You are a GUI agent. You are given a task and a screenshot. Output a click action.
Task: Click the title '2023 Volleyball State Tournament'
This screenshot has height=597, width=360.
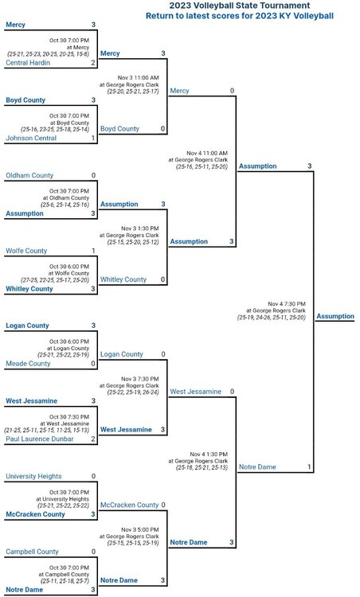(240, 6)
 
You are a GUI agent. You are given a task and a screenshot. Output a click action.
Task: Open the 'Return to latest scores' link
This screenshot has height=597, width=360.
(240, 16)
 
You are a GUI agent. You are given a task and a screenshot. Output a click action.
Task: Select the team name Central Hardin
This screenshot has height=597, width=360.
(28, 62)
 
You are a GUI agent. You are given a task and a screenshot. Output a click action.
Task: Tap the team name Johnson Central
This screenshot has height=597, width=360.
(31, 138)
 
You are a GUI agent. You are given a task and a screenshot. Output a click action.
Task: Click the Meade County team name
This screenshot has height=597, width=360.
(28, 363)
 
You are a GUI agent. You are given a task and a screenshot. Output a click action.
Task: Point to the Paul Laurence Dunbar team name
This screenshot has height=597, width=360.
(40, 439)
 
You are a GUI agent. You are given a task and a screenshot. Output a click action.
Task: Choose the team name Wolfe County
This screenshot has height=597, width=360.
(26, 251)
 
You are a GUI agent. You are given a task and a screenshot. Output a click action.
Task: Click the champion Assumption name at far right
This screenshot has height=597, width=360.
(335, 316)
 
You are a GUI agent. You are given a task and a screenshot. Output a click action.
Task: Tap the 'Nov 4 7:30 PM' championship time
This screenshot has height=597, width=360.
(287, 304)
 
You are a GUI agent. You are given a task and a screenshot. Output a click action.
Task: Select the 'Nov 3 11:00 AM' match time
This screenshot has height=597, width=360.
(139, 78)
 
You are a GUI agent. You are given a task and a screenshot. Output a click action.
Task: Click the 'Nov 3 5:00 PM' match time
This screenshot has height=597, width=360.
(140, 529)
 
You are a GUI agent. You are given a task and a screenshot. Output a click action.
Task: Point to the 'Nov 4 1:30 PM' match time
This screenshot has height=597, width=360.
(209, 455)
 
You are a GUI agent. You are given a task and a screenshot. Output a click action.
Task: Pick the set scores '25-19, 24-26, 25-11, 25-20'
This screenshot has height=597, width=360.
(272, 317)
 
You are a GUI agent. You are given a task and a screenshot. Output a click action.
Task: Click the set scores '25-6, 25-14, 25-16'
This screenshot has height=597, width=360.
(65, 205)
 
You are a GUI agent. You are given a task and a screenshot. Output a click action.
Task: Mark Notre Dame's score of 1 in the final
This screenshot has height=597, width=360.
(309, 466)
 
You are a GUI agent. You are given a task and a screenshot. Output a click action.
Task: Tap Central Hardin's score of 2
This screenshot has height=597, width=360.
(93, 62)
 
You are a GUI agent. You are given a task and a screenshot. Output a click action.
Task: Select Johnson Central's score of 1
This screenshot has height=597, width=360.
(93, 138)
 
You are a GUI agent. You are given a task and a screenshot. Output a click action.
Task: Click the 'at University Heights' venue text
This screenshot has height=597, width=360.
(62, 499)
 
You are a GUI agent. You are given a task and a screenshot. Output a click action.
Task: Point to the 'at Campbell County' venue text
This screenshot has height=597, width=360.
(64, 574)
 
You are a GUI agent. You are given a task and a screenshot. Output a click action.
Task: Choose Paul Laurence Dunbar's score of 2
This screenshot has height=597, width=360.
(93, 439)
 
